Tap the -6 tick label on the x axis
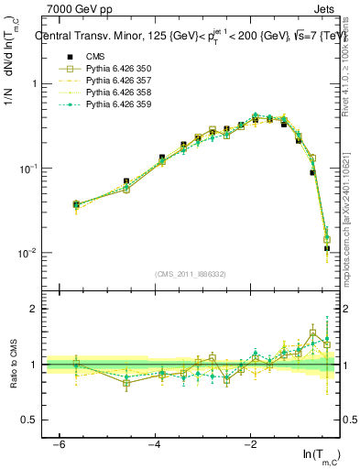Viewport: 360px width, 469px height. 58,444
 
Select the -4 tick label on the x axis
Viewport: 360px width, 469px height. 154,444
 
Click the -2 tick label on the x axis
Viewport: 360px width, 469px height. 250,444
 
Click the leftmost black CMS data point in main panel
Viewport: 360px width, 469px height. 77,203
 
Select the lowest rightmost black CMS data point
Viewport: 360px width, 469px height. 327,248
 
